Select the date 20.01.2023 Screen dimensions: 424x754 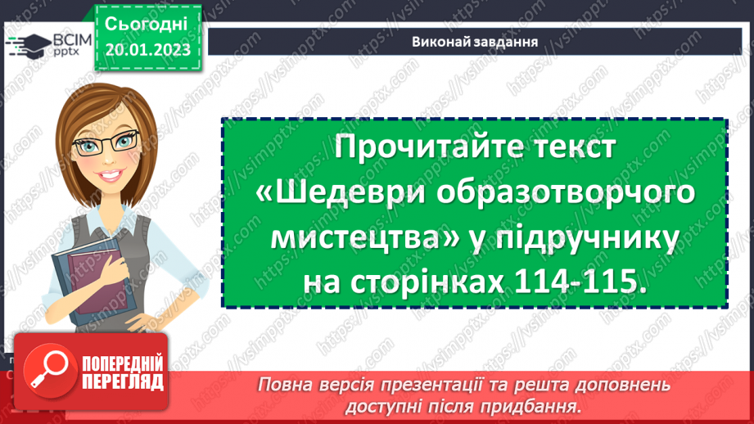point(148,50)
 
